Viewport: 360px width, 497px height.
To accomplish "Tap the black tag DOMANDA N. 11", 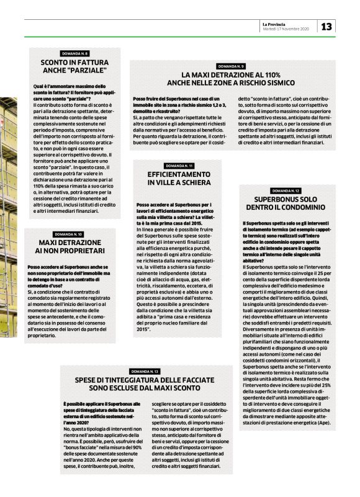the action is (179, 166).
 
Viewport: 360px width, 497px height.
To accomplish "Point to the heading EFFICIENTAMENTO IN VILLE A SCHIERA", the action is (179, 179).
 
